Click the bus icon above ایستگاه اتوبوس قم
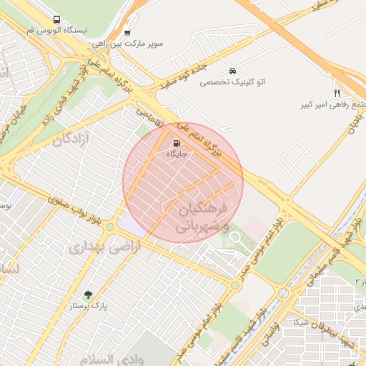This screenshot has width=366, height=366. click(x=56, y=20)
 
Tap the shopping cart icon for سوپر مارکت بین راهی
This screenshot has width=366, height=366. click(x=127, y=32)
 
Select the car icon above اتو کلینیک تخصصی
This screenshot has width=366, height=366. click(x=233, y=71)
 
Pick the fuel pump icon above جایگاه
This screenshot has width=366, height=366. click(x=177, y=142)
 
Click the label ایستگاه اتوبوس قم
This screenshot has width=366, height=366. click(x=56, y=32)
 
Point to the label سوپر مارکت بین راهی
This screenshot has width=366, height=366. click(x=127, y=44)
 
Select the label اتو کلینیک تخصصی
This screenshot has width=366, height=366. click(x=232, y=83)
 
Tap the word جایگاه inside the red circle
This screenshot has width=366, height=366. click(x=177, y=154)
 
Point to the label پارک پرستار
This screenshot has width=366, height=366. click(x=89, y=306)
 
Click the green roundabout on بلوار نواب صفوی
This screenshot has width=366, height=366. click(x=110, y=228)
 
